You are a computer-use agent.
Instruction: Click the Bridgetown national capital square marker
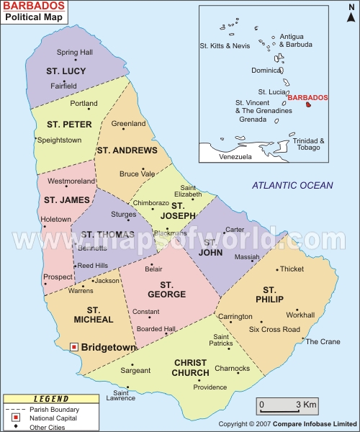pyautogui.click(x=73, y=347)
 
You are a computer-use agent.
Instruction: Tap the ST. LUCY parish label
pyautogui.click(x=66, y=71)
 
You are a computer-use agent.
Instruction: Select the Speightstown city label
pyautogui.click(x=60, y=140)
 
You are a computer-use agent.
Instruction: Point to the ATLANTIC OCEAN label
pyautogui.click(x=292, y=186)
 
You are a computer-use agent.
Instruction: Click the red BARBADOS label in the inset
pyautogui.click(x=308, y=97)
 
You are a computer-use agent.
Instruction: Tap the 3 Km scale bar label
pyautogui.click(x=307, y=405)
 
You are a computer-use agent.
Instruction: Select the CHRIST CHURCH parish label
pyautogui.click(x=190, y=368)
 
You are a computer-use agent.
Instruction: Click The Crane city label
pyautogui.click(x=323, y=341)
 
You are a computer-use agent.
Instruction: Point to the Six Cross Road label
pyautogui.click(x=274, y=329)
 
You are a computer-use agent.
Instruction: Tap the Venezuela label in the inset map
pyautogui.click(x=235, y=156)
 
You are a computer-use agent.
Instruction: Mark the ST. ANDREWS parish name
pyautogui.click(x=126, y=150)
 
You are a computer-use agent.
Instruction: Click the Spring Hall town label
pyautogui.click(x=75, y=52)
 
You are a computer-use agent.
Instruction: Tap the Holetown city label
pyautogui.click(x=56, y=219)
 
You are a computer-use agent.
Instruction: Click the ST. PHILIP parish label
pyautogui.click(x=269, y=294)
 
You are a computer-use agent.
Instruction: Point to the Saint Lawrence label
pyautogui.click(x=120, y=395)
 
